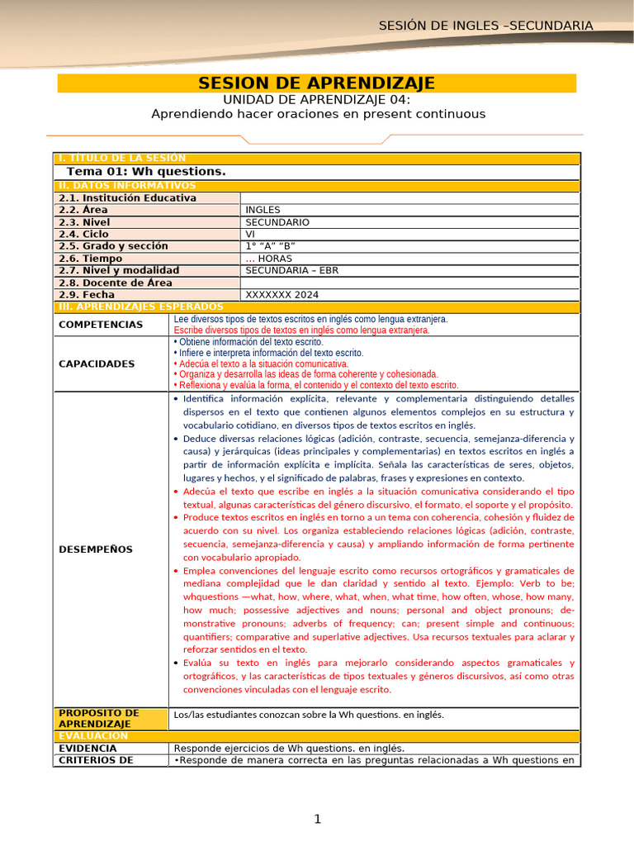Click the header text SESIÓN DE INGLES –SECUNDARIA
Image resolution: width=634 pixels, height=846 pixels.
coord(485,26)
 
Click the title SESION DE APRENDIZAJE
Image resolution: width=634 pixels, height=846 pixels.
coord(317,83)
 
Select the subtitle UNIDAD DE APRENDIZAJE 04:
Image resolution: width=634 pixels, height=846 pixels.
coord(317,99)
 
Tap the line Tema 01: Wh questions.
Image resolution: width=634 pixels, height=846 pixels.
coord(145,171)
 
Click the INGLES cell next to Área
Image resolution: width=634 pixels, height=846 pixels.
coord(263,210)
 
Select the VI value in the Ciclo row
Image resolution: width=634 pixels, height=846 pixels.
coord(250,234)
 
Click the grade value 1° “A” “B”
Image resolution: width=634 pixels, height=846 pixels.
coord(270,246)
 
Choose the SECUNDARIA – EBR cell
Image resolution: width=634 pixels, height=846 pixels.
coord(291,270)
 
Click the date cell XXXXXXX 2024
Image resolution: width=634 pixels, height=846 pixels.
coord(282,294)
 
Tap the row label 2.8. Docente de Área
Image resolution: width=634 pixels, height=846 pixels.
coord(115,283)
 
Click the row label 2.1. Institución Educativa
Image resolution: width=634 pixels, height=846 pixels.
coord(127,198)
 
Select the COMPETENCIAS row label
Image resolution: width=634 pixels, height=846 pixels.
coord(101,325)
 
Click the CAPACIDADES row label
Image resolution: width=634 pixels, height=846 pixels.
coord(97,364)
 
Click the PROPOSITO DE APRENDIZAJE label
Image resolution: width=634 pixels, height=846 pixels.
coord(99,718)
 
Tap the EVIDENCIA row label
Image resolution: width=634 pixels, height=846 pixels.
coord(88,748)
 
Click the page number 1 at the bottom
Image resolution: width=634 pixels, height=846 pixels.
coord(317,819)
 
